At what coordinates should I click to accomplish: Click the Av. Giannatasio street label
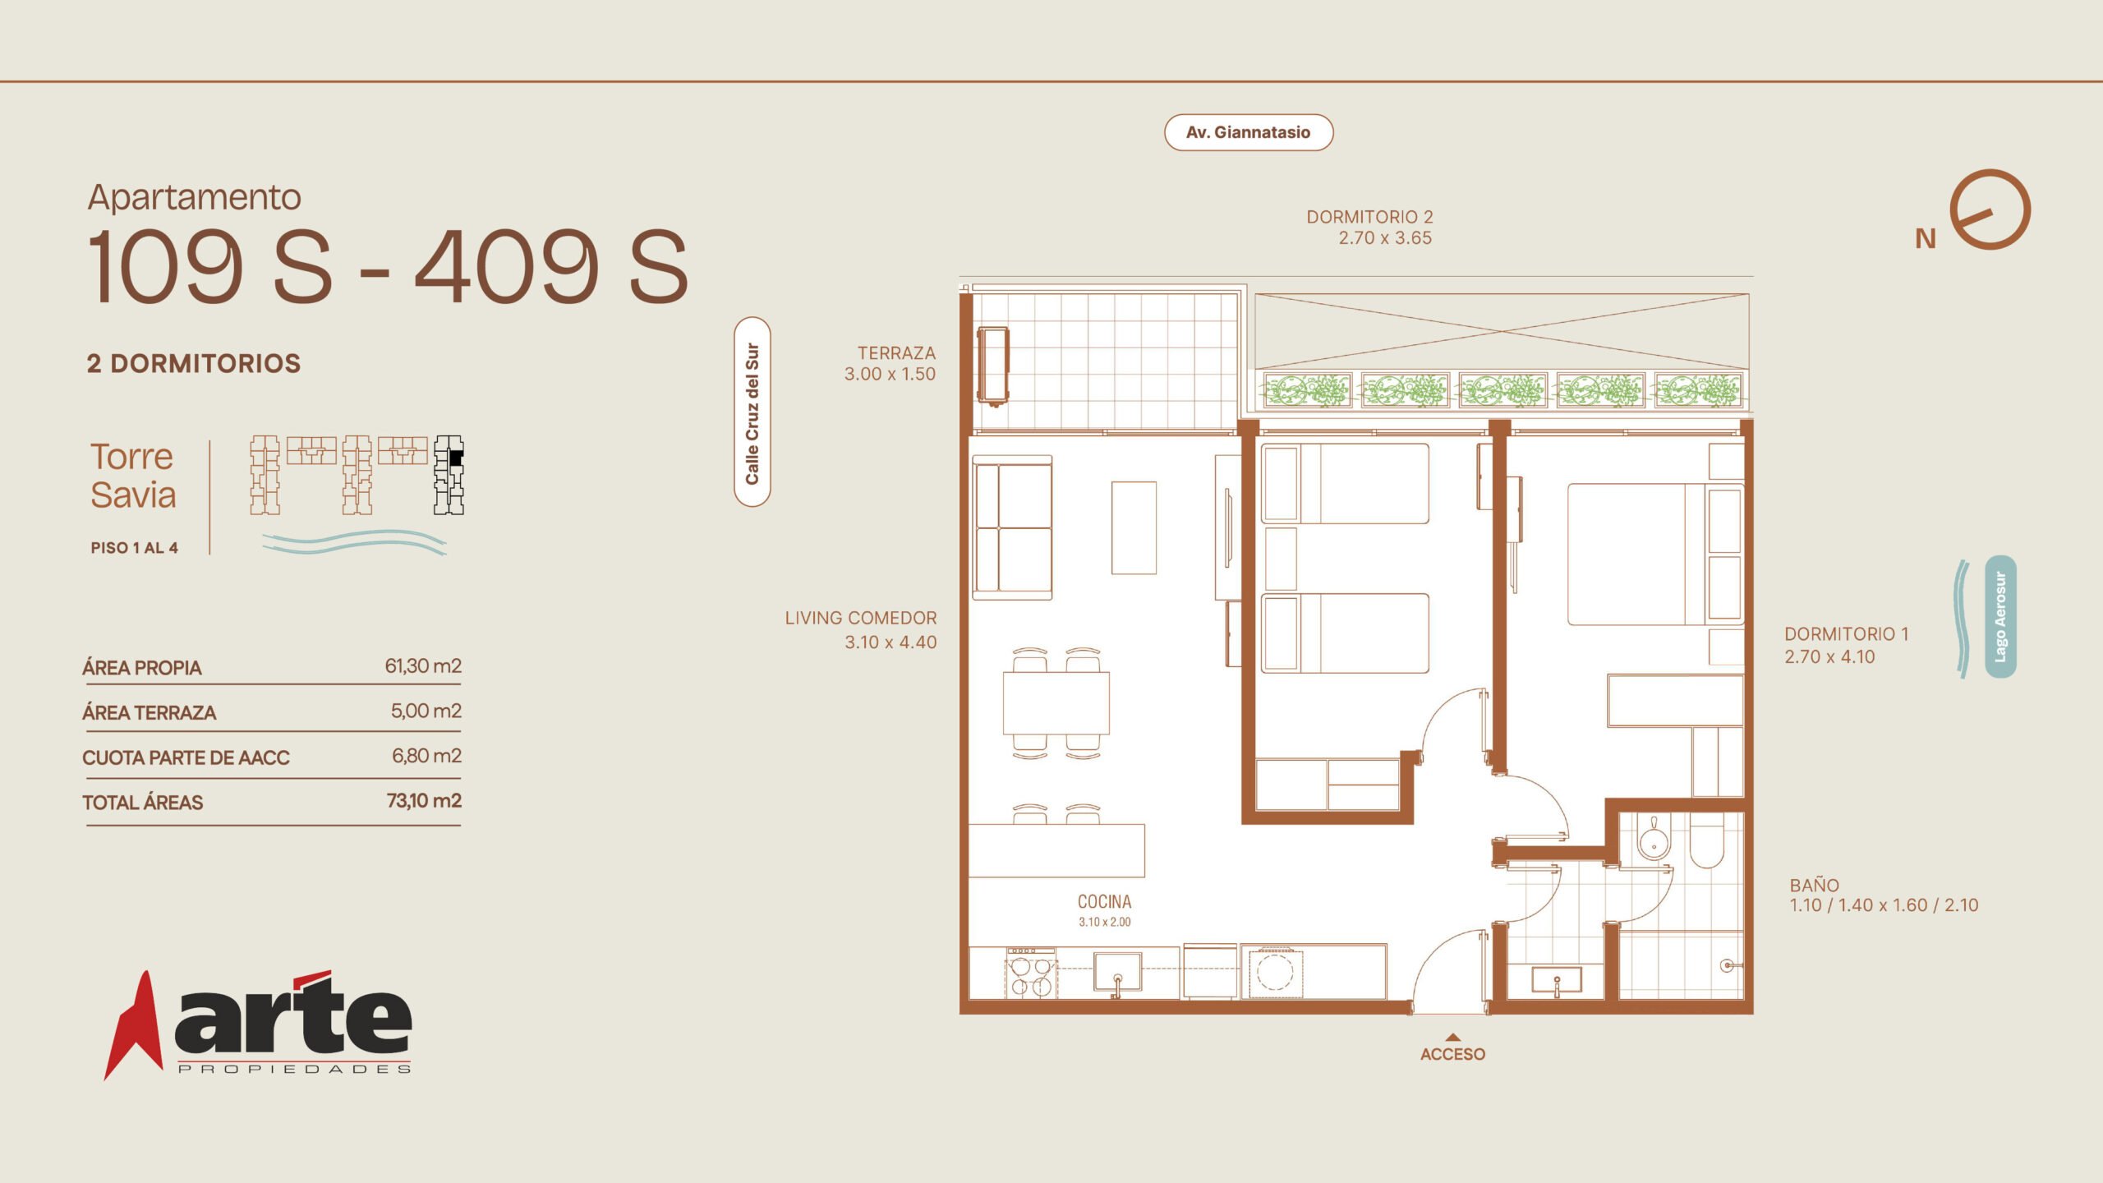(x=1248, y=132)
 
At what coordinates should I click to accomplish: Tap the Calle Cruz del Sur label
(x=752, y=412)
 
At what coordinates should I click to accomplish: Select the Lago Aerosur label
(x=2000, y=617)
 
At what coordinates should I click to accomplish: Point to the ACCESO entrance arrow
(x=1452, y=1037)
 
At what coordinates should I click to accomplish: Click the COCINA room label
(x=1104, y=902)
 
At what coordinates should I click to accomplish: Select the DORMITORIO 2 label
(x=1369, y=217)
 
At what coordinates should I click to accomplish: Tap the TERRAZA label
(x=896, y=353)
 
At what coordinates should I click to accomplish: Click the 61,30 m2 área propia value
(x=423, y=665)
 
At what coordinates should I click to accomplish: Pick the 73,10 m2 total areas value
(x=424, y=800)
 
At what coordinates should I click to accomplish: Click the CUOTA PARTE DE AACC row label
(x=186, y=757)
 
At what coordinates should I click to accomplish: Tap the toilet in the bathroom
(x=1706, y=842)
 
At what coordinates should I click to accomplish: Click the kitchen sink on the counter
(x=1117, y=972)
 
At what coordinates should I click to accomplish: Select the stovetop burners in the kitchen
(x=1031, y=974)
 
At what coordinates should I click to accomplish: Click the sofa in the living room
(x=1012, y=529)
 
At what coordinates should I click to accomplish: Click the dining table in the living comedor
(x=1056, y=702)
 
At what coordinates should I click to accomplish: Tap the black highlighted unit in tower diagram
(x=456, y=458)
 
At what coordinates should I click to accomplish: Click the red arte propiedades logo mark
(x=133, y=1025)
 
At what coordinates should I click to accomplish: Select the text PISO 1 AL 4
(x=134, y=548)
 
